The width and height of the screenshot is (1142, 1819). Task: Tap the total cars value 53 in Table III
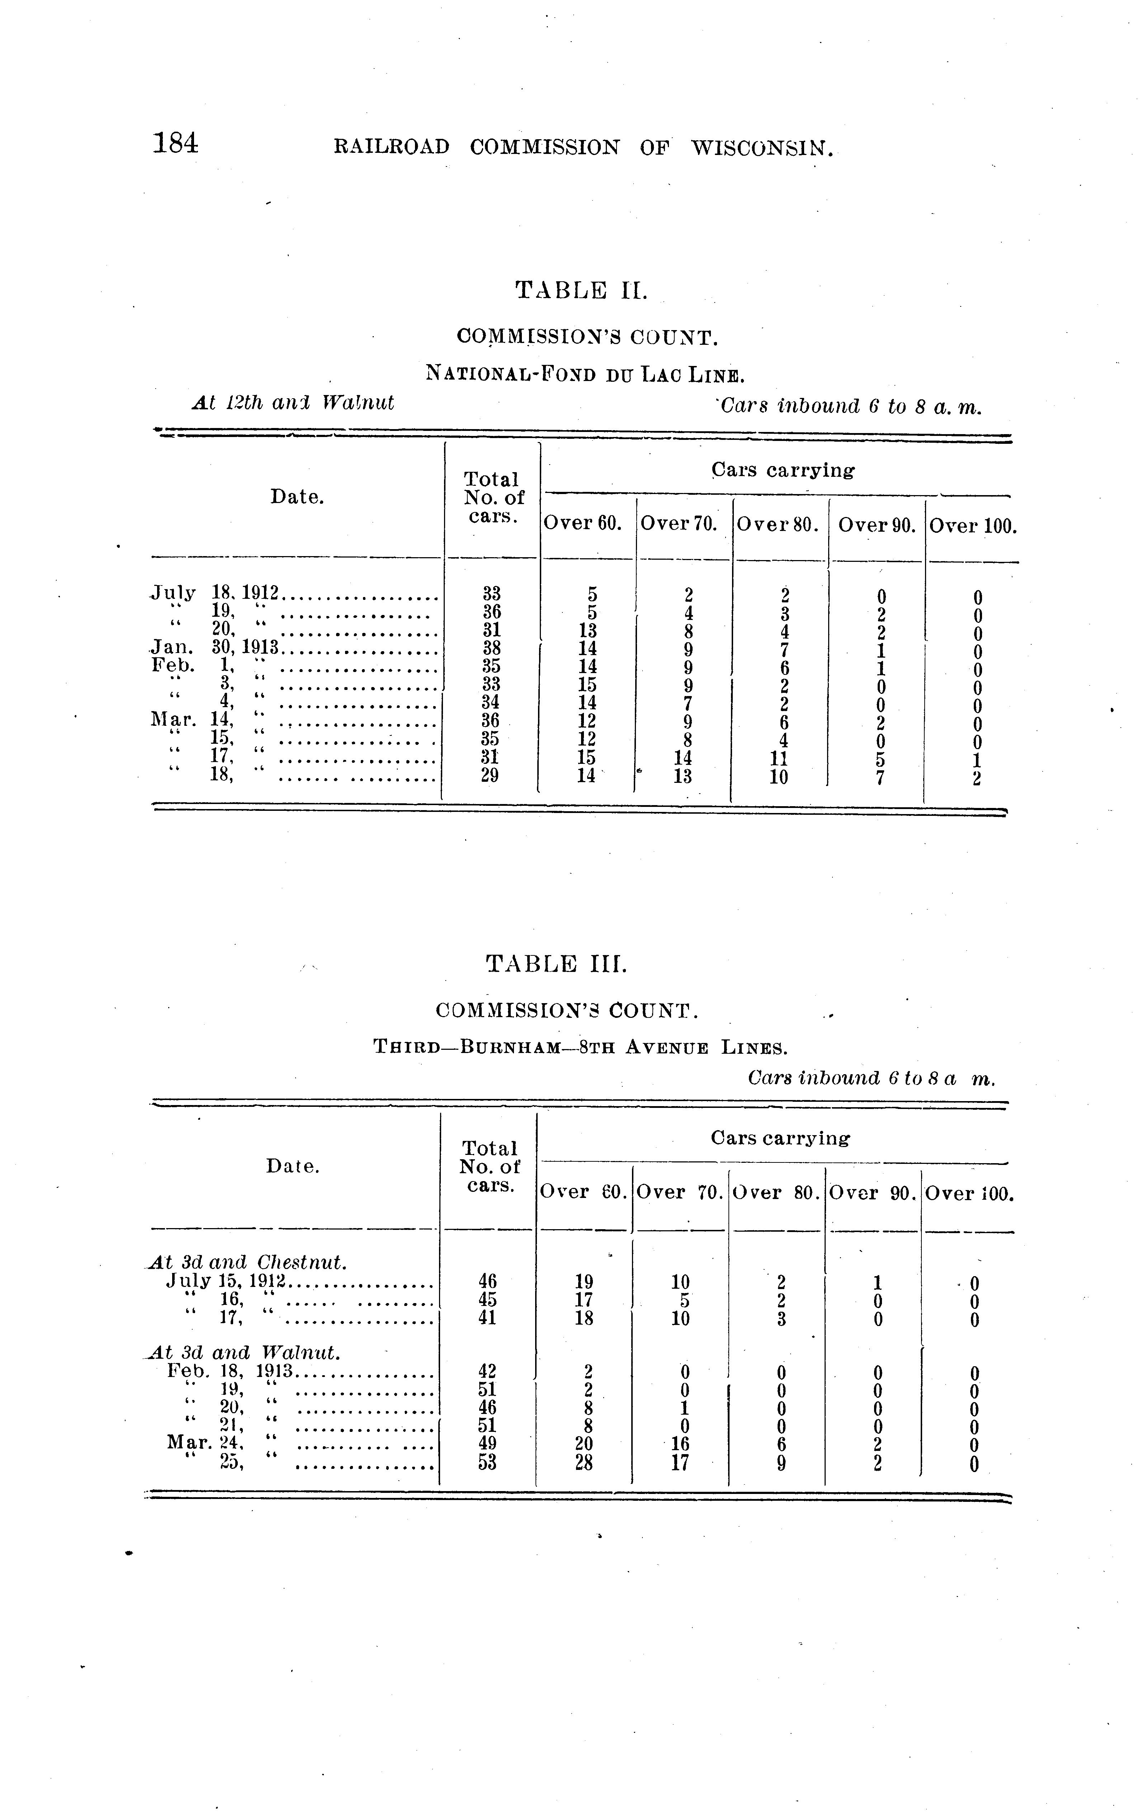tap(487, 1462)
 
